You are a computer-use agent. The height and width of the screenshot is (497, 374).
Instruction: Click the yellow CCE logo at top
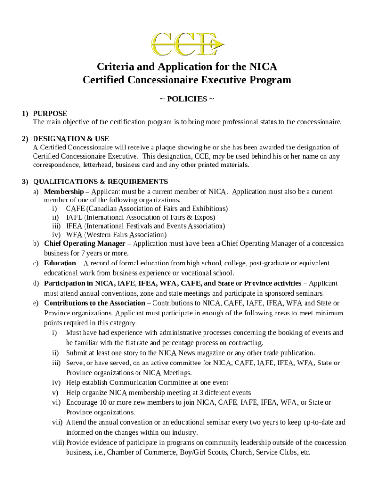coord(187,43)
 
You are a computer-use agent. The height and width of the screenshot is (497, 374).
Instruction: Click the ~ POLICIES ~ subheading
coord(187,99)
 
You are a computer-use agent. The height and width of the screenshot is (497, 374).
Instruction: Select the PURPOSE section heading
coord(50,113)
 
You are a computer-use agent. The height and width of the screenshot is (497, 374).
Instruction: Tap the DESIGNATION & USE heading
coord(71,139)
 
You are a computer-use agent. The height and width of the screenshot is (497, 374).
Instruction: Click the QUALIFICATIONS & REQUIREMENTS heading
coord(100,182)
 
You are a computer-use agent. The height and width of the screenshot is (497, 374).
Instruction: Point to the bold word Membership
coord(64,192)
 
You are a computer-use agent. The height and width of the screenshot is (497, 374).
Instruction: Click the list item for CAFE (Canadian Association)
coord(147,209)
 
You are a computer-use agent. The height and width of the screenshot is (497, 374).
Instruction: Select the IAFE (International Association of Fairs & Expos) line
coord(140,217)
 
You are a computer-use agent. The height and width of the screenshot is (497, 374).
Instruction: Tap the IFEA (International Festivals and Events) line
coord(145,226)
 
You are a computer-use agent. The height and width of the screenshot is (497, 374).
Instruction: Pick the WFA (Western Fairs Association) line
coord(116,235)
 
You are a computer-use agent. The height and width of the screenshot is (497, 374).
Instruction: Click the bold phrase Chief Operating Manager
coord(87,243)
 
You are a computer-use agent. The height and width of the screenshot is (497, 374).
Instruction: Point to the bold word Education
coord(60,263)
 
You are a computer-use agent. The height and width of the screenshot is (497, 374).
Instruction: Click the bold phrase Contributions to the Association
coord(94,303)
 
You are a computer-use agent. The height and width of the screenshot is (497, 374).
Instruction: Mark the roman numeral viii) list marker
coord(58,443)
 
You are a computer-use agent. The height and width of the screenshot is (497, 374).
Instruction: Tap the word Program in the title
coord(265,80)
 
